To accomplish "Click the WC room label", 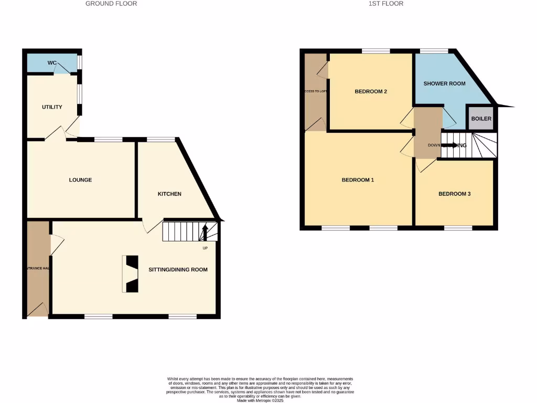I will (x=52, y=63).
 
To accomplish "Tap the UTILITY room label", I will (x=52, y=107).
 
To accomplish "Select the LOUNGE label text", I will (x=80, y=180).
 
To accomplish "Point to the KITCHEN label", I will (x=169, y=194).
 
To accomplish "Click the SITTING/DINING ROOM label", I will (x=178, y=270).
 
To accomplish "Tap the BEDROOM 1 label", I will (x=358, y=180).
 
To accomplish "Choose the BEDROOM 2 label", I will (x=371, y=91).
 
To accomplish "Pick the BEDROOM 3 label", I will (x=454, y=194).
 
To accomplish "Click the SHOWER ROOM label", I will (x=444, y=83).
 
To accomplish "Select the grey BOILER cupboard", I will (x=481, y=119).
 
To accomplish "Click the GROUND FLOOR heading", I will (x=111, y=4).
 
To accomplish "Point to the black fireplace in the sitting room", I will (x=131, y=274).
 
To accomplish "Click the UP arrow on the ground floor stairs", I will (x=205, y=231).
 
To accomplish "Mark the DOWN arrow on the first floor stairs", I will (x=450, y=145).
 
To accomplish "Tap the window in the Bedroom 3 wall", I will (x=458, y=228).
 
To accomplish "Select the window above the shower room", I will (x=434, y=51).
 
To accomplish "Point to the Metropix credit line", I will (x=260, y=400).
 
